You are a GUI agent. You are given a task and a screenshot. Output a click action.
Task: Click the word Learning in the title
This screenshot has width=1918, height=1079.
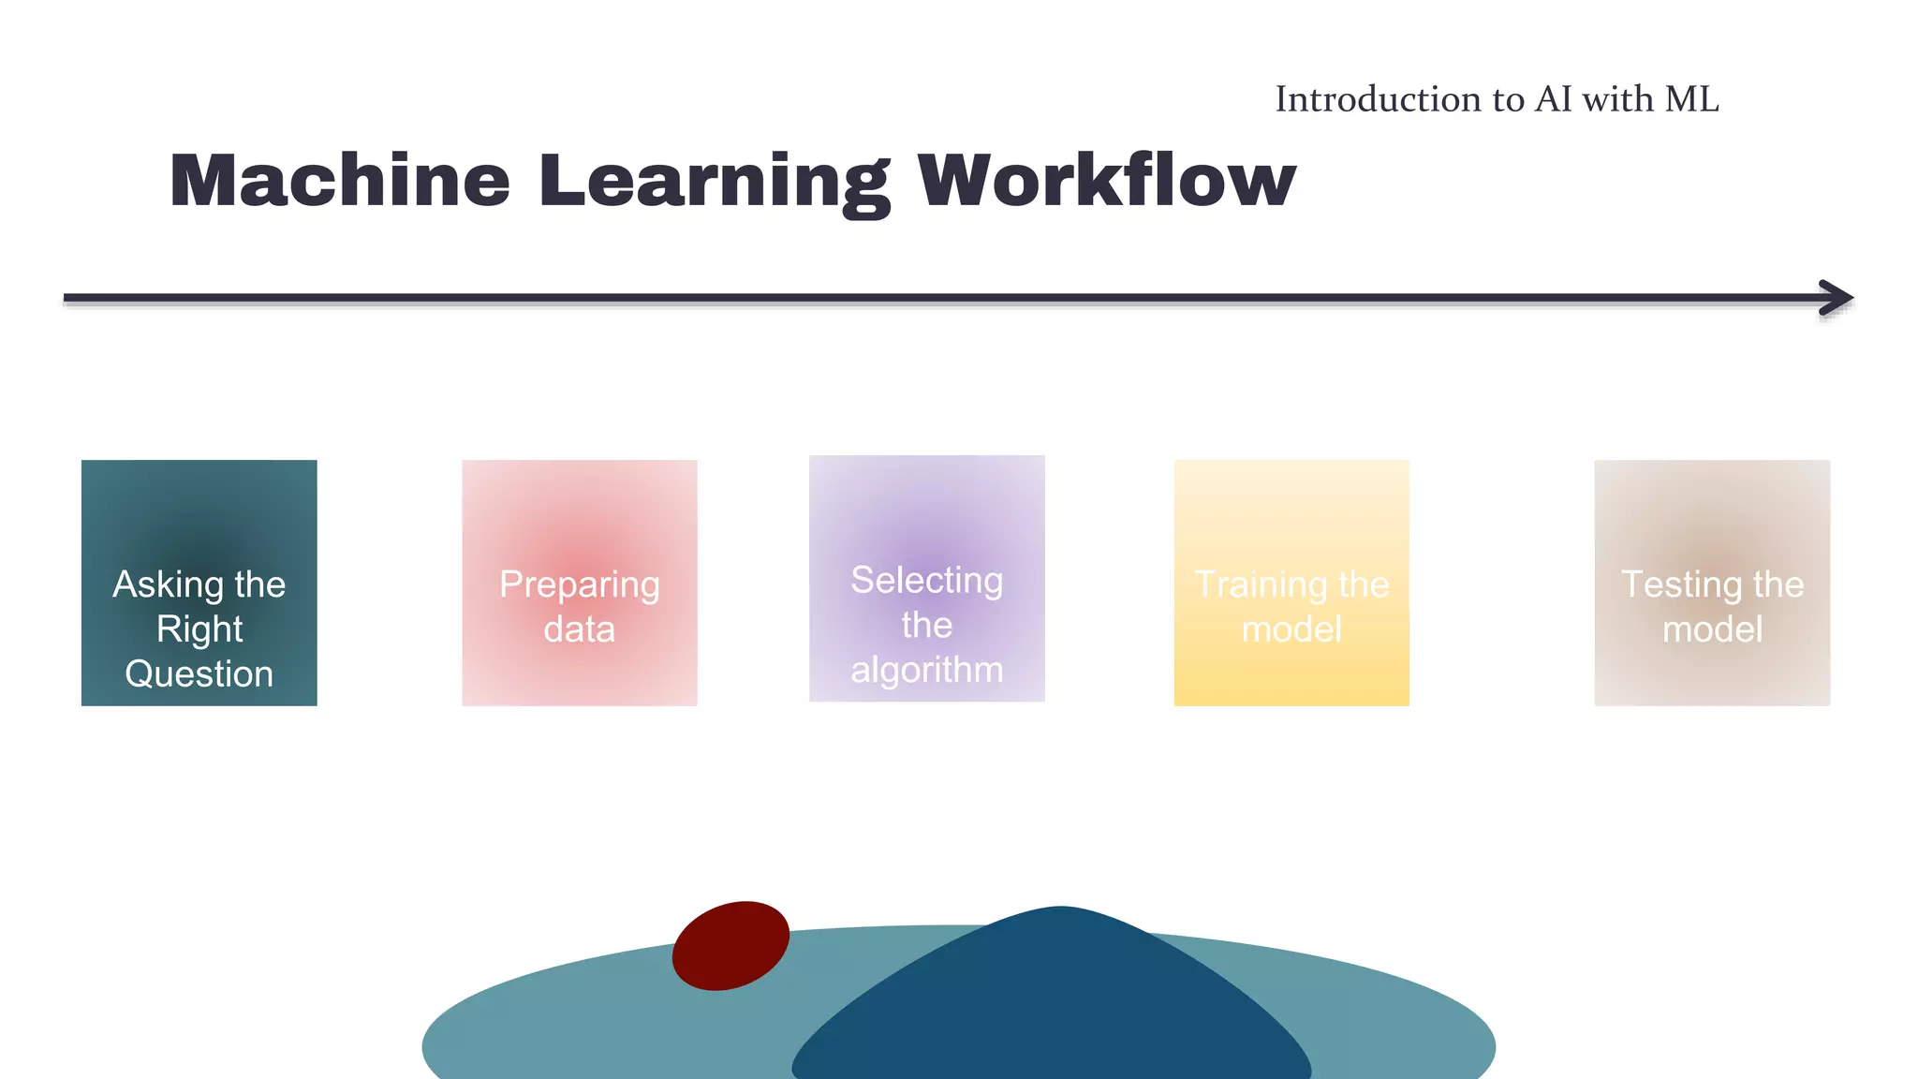[714, 182]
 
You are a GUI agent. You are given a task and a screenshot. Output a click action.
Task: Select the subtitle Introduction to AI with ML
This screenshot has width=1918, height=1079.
[1496, 99]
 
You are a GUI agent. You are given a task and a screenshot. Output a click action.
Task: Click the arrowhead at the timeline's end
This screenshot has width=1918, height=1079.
[1837, 298]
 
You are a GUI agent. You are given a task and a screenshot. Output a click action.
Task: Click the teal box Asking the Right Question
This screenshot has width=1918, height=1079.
[199, 525]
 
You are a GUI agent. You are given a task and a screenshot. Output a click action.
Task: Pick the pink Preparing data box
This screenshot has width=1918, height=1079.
[579, 525]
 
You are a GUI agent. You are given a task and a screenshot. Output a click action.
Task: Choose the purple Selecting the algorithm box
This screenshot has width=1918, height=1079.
[926, 515]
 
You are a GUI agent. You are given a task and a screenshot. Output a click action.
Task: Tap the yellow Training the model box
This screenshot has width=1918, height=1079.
[1291, 525]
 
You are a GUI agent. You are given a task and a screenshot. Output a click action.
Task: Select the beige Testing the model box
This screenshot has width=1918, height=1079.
[1711, 525]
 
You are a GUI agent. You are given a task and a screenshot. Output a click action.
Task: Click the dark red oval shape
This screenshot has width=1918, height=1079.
[730, 945]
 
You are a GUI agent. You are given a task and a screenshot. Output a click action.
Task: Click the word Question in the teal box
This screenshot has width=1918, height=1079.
[199, 674]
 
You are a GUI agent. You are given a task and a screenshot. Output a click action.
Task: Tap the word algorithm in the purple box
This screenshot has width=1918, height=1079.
[926, 670]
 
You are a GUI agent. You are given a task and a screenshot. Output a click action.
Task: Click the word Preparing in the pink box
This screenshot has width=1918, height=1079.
[579, 585]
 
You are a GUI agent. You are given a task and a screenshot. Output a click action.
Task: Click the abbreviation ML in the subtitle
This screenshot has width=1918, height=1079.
[1691, 99]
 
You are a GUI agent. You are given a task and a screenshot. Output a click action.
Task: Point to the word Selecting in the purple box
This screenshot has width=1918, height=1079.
[926, 581]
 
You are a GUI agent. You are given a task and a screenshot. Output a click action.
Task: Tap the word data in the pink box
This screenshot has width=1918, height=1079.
[579, 629]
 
